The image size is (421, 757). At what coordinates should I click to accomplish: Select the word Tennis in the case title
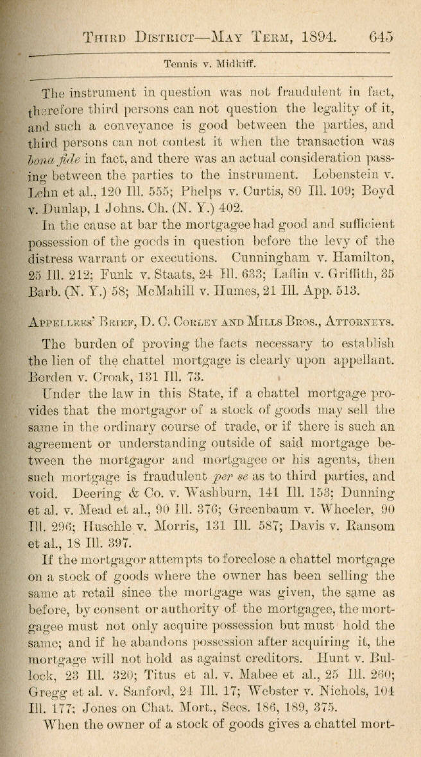(178, 64)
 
